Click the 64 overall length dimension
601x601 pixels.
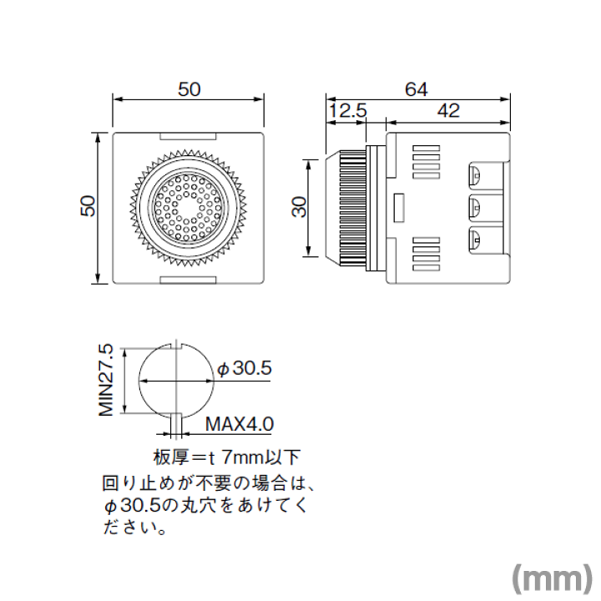(417, 89)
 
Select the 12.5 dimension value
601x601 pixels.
(348, 111)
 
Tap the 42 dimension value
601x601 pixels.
(448, 111)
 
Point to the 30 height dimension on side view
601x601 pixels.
(300, 207)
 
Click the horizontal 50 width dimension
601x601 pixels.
(189, 89)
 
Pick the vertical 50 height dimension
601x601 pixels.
(88, 206)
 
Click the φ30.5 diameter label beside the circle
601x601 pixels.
(245, 369)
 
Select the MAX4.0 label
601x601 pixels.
(240, 424)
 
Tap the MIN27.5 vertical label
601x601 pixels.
(106, 380)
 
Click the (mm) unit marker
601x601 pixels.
(553, 579)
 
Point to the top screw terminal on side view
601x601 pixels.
(475, 176)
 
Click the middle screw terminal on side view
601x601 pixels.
(475, 208)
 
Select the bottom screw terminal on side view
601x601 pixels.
(475, 240)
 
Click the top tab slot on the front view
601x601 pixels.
(188, 136)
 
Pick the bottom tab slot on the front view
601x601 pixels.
(188, 280)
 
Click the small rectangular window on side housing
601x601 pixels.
(399, 208)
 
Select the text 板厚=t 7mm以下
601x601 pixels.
(226, 457)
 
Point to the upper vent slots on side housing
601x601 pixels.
(426, 162)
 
